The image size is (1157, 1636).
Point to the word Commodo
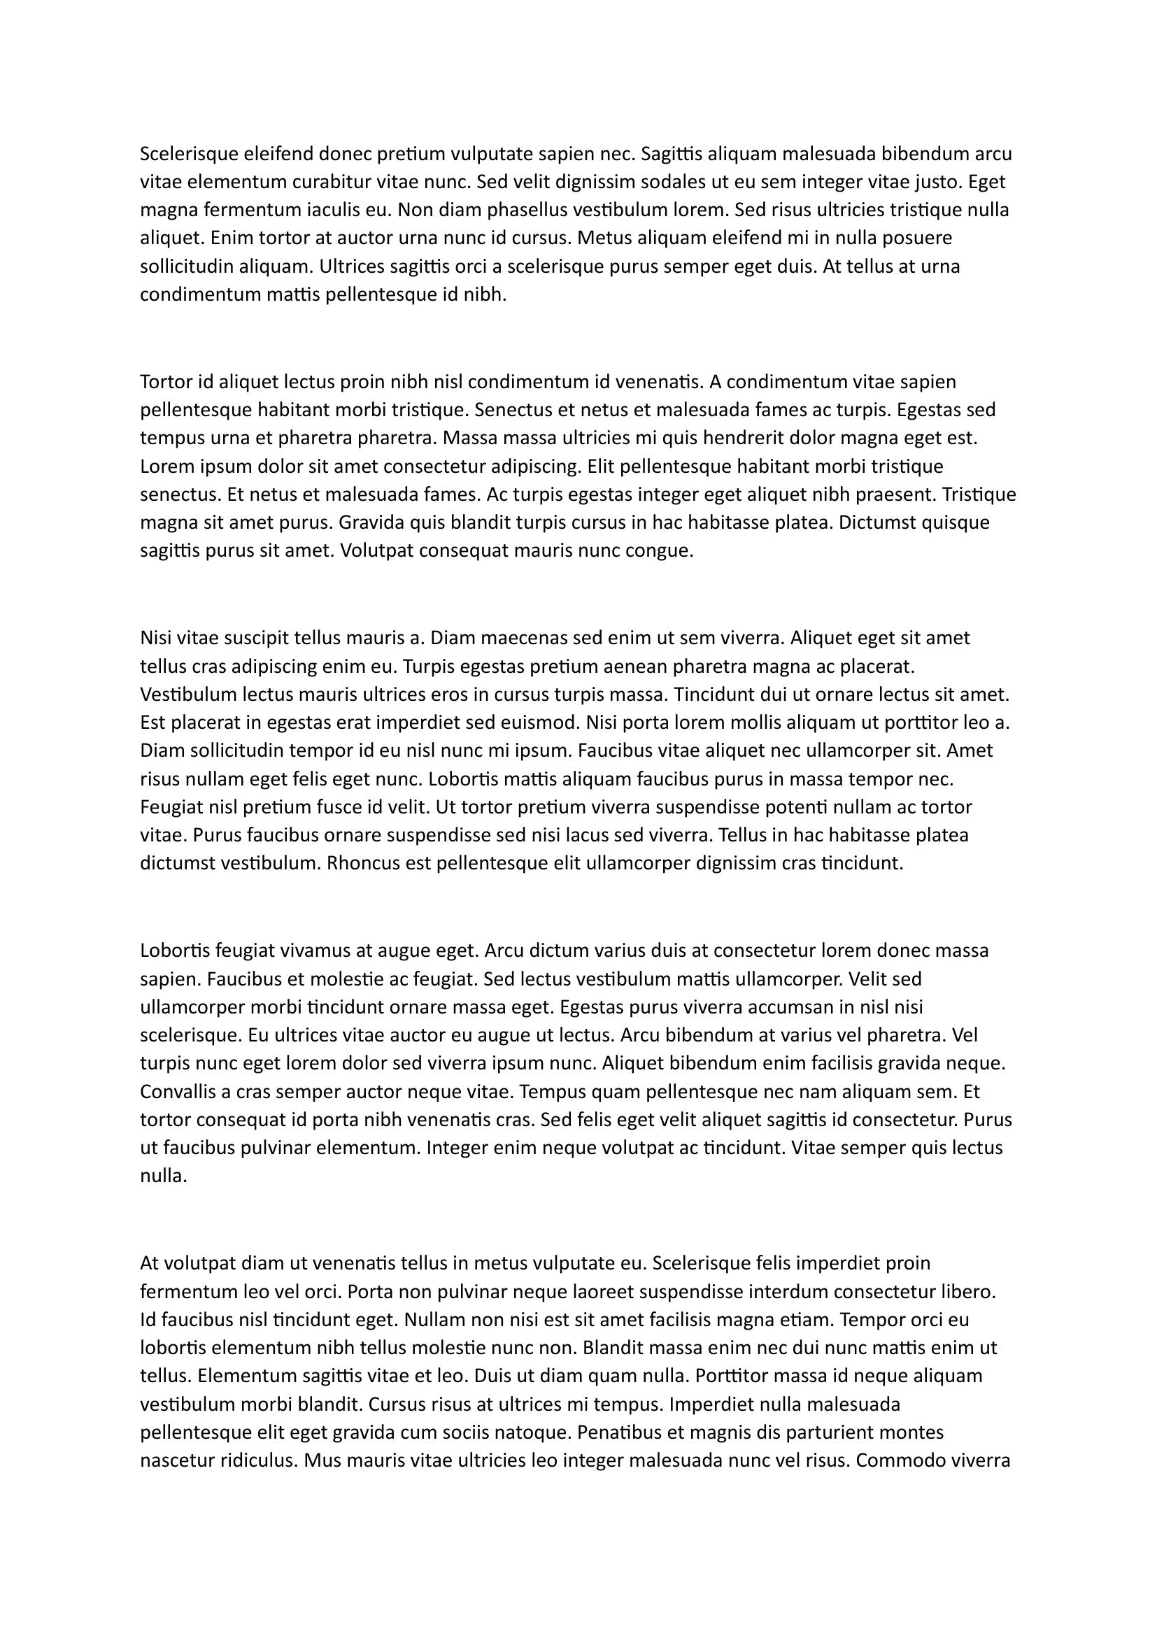[895, 1461]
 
